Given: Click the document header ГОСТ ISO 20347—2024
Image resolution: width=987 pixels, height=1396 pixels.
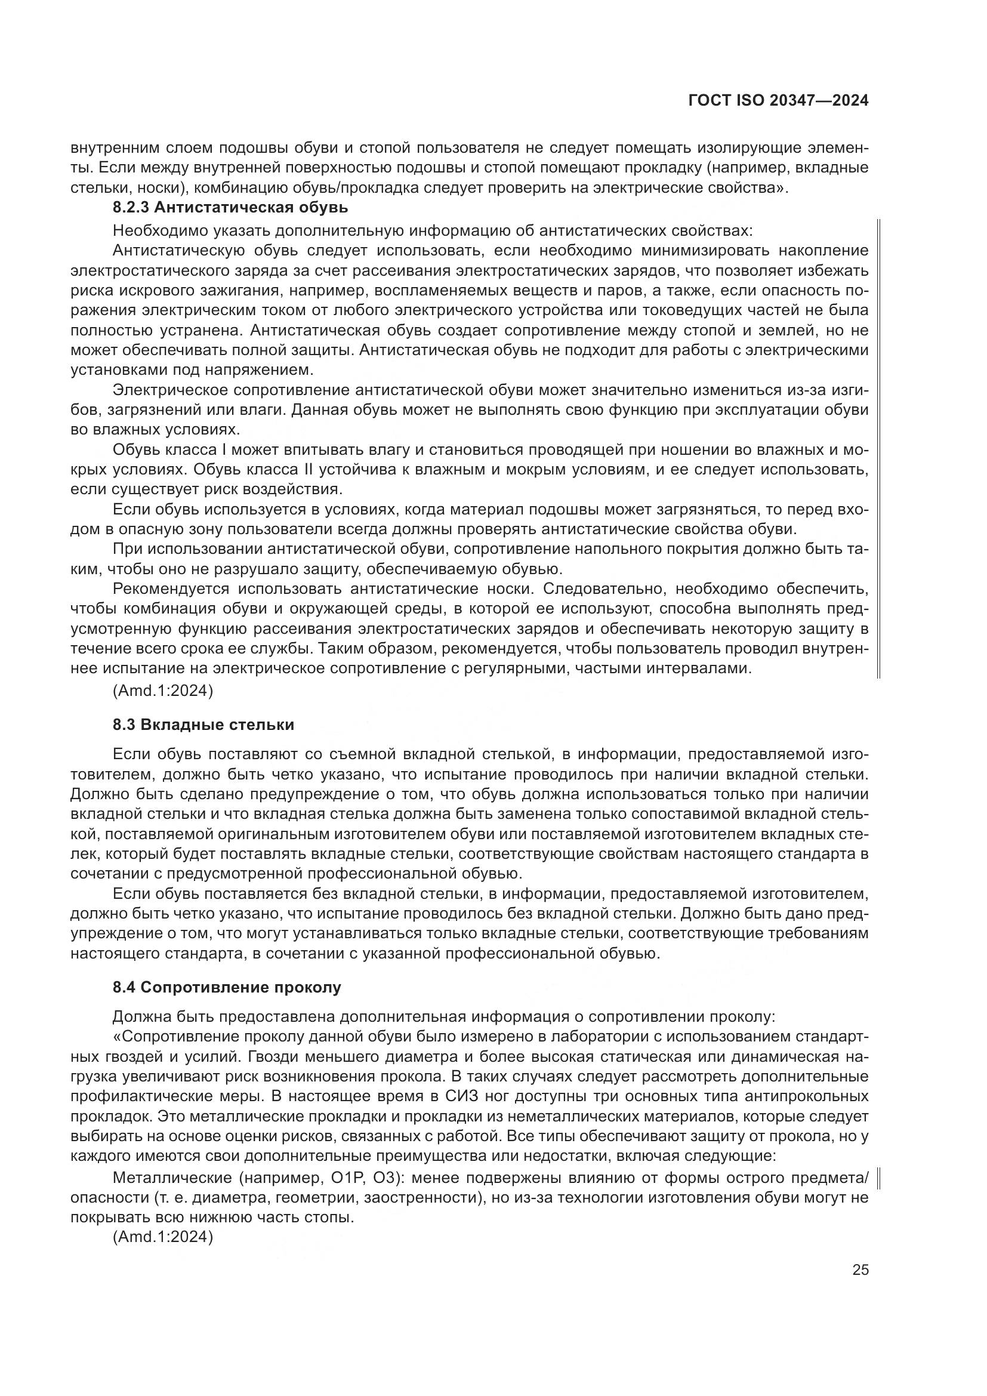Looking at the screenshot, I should [778, 101].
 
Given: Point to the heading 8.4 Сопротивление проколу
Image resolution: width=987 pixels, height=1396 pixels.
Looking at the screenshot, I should [227, 987].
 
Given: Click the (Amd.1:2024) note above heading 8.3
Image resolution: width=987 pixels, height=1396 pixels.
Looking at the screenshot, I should [163, 691].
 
